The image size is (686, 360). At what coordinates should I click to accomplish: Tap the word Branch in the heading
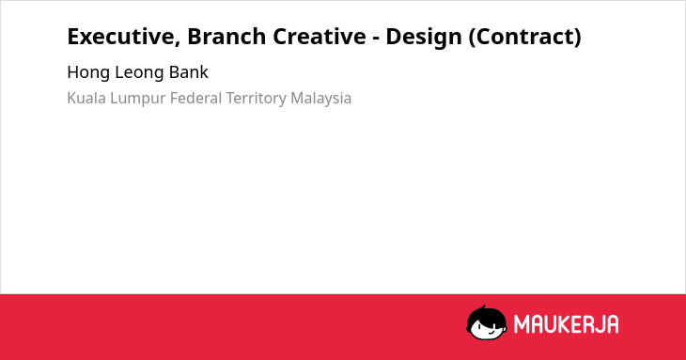coord(226,37)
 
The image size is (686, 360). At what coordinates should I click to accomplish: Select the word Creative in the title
coord(320,37)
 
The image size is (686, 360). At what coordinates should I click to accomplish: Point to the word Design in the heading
coord(424,38)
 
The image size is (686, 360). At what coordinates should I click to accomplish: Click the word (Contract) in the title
coord(525,37)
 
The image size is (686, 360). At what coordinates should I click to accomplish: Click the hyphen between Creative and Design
coord(376,39)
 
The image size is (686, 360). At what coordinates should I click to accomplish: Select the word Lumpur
coord(138,99)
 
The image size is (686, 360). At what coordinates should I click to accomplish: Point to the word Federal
coord(196,98)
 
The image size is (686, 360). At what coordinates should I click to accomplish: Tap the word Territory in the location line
coord(256,99)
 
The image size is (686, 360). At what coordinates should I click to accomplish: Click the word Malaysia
coord(321,99)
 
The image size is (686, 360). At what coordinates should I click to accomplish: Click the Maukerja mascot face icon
coord(487,322)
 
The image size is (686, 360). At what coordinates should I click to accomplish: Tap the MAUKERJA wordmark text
coord(566,324)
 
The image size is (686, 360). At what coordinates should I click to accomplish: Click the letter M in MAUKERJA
coord(522,324)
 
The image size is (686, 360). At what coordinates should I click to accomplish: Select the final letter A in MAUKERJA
coord(613,324)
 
